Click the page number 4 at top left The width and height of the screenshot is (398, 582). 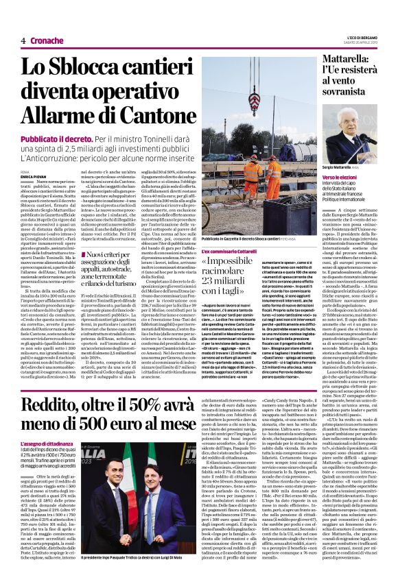pos(23,41)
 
